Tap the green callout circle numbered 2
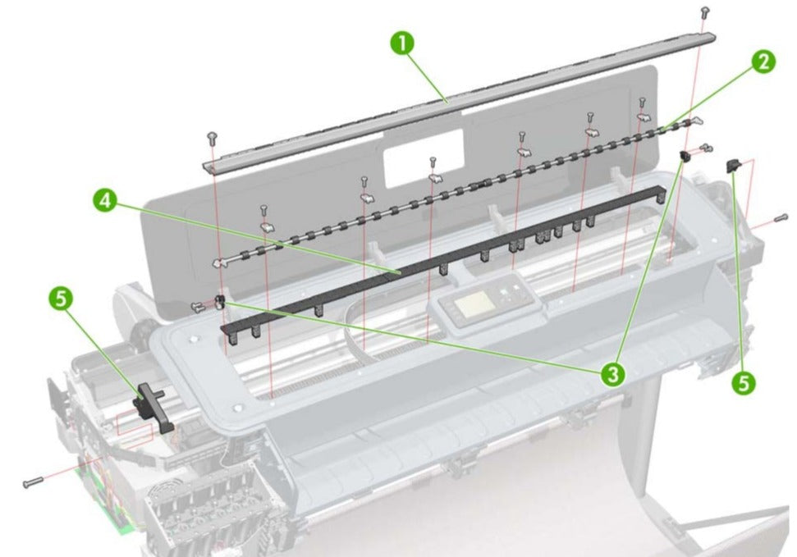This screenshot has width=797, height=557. [x=763, y=61]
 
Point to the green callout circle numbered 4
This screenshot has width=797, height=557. [x=104, y=199]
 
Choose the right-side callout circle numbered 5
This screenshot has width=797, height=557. [x=744, y=381]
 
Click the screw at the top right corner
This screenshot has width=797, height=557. [x=704, y=11]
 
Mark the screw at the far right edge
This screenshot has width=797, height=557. [x=780, y=218]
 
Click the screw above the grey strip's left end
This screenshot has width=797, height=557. [x=213, y=137]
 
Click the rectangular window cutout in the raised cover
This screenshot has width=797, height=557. [x=424, y=157]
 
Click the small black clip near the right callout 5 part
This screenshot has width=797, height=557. [x=683, y=155]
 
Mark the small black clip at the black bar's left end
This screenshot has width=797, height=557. [x=220, y=301]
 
